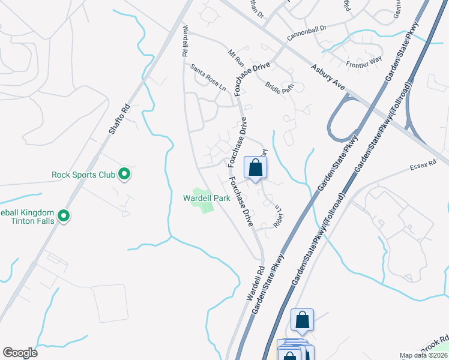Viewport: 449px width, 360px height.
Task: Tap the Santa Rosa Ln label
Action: click(208, 77)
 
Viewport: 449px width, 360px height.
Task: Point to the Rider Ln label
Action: click(278, 216)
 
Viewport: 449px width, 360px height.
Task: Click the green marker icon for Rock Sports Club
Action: click(124, 175)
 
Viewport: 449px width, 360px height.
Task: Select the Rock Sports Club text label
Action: click(83, 175)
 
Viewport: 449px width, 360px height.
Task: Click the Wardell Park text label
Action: click(206, 197)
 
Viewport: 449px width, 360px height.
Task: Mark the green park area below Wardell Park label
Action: click(203, 206)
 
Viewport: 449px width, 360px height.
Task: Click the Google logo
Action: click(20, 353)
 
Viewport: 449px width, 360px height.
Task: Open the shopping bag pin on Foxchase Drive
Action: click(255, 169)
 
